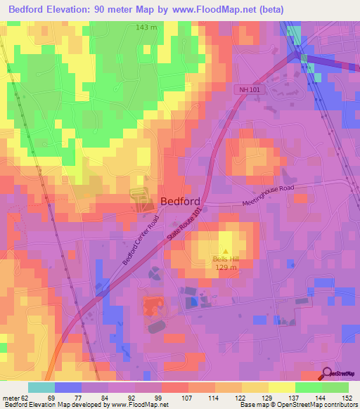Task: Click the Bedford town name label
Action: [x=180, y=200]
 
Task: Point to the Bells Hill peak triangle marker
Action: [x=226, y=251]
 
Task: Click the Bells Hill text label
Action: [x=226, y=259]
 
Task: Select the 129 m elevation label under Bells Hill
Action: [x=226, y=268]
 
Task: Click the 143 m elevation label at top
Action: [x=146, y=27]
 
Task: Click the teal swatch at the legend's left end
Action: [x=41, y=387]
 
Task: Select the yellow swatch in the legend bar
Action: [x=282, y=387]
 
